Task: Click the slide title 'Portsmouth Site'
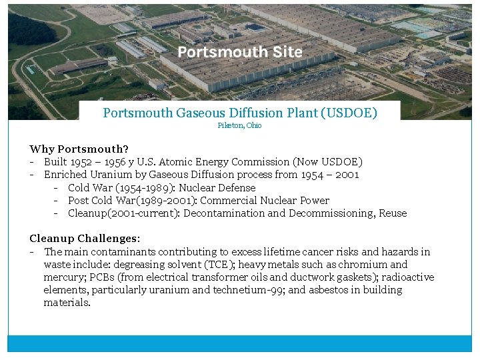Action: [x=240, y=52]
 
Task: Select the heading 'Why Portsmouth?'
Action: [x=79, y=149]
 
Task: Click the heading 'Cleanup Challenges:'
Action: [x=83, y=239]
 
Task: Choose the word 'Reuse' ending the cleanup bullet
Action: [x=393, y=213]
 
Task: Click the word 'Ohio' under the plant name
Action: [x=254, y=125]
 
